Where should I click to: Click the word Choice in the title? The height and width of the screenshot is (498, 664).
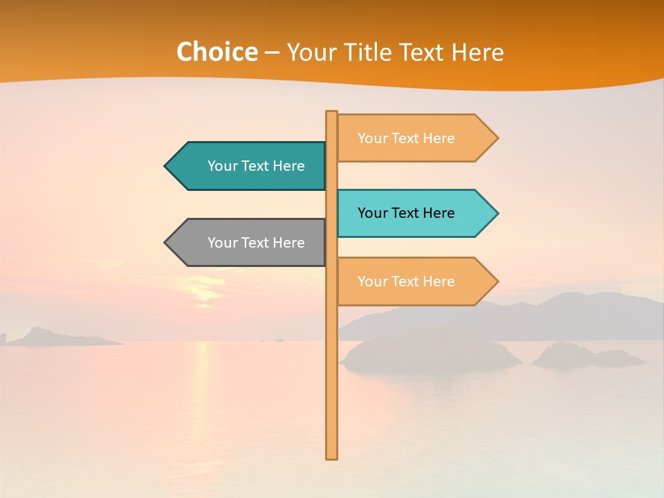(216, 53)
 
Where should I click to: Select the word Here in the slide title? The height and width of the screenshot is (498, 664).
(478, 53)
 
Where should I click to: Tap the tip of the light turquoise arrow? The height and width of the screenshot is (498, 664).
(497, 213)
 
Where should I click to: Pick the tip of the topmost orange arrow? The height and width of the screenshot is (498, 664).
(497, 138)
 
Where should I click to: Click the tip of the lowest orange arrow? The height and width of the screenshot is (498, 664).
(497, 282)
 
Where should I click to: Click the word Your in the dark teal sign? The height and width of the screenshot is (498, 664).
(222, 166)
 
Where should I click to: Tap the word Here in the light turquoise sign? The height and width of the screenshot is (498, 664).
(439, 213)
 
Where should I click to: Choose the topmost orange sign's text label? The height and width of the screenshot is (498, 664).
(406, 138)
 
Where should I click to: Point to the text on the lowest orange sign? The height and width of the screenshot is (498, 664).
(406, 282)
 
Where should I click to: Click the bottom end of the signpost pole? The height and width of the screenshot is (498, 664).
(332, 456)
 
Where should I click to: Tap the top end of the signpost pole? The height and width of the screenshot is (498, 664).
(332, 113)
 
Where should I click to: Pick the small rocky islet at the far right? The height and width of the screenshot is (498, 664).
(588, 357)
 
